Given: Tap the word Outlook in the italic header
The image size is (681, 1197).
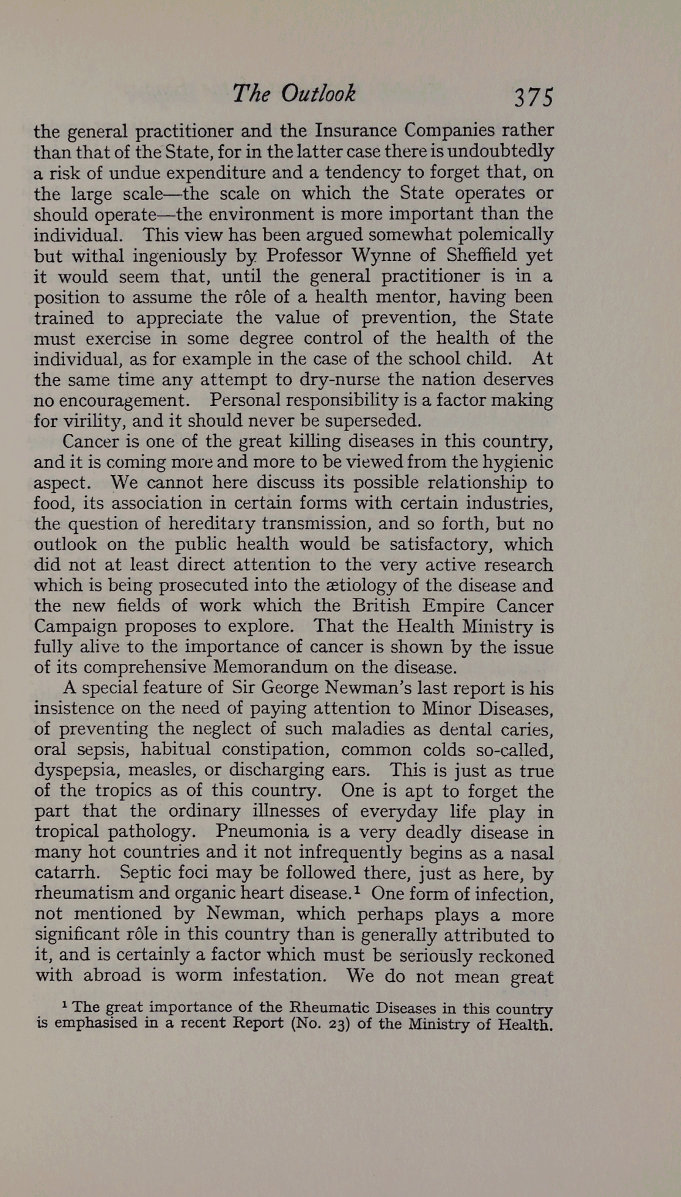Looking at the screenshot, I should point(318,94).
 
